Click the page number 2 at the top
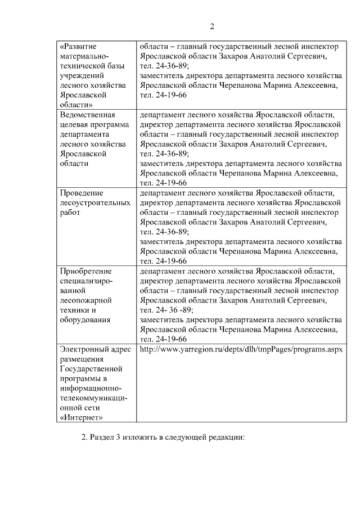(212, 26)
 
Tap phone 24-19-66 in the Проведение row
(171, 261)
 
